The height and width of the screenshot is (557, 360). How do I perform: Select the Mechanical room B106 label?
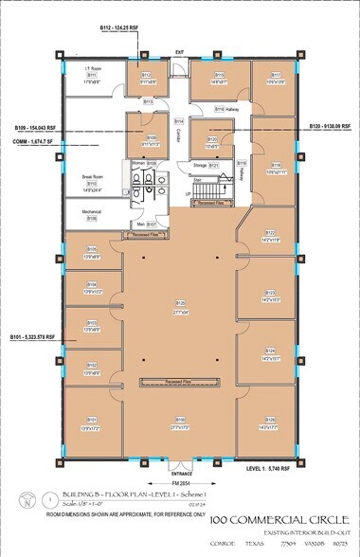coord(91,215)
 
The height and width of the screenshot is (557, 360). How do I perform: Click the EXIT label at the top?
coord(177,53)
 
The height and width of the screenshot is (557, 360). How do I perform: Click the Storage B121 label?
coord(203,165)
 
